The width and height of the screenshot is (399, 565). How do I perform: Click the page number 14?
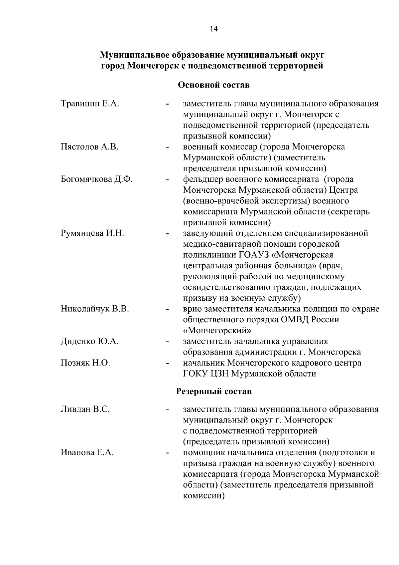214,29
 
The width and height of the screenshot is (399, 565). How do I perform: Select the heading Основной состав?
214,85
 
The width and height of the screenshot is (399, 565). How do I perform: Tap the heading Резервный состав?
213,391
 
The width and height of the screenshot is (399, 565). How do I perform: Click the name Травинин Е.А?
90,104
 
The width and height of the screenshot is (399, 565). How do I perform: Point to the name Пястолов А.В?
89,147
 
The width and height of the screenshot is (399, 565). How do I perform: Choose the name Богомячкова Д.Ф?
97,179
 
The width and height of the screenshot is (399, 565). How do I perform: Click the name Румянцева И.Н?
92,233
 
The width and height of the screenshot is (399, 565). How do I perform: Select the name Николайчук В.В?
95,309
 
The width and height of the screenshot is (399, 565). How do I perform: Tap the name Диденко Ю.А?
89,342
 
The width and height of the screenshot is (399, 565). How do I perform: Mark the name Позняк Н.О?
85,363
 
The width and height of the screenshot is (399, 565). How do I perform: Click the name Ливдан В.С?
85,409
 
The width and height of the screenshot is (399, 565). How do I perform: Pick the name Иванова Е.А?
87,452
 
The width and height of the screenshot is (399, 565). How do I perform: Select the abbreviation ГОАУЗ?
254,255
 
